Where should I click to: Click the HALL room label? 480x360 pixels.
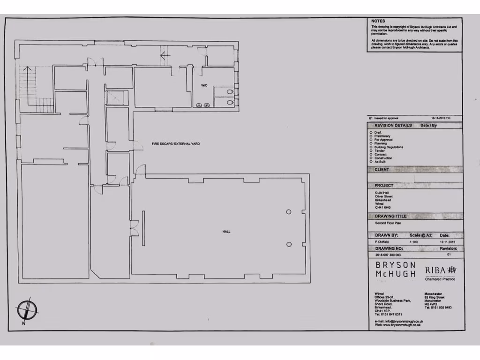(x=226, y=232)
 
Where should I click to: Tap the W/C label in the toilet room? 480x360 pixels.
(x=205, y=85)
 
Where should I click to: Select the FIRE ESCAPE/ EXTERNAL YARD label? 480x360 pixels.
(x=175, y=143)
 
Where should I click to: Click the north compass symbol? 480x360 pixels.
(x=27, y=310)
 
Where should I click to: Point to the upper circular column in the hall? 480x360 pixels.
(x=289, y=212)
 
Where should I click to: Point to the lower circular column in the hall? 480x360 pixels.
(x=289, y=244)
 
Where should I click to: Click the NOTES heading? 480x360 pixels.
(x=378, y=21)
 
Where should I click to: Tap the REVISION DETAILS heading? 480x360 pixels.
(x=393, y=126)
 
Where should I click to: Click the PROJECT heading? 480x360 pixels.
(x=384, y=186)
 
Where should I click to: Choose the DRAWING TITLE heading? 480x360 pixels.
(x=390, y=216)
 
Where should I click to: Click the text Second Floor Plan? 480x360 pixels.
(x=388, y=223)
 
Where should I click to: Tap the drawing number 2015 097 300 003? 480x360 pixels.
(x=388, y=255)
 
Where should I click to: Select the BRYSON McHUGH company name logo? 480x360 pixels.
(x=395, y=269)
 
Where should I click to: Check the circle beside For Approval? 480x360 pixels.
(x=371, y=140)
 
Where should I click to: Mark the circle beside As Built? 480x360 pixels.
(x=371, y=162)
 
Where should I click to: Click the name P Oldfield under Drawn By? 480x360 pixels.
(x=382, y=241)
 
